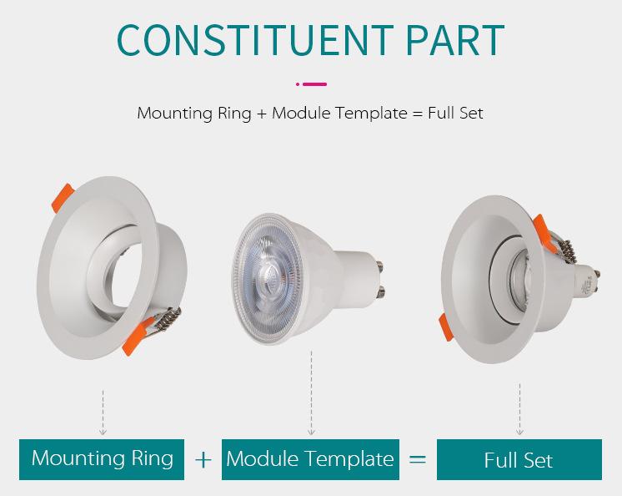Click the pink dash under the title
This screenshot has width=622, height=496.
[x=314, y=84]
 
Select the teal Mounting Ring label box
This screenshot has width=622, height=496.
[x=103, y=458]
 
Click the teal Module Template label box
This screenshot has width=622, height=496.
[x=309, y=458]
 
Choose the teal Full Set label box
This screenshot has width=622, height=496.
[x=519, y=459]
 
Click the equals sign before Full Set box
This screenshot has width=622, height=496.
[x=418, y=459]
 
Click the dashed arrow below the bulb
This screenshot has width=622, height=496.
[x=311, y=392]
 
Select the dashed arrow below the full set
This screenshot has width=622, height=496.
[x=519, y=409]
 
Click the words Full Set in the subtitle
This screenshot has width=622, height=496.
[x=454, y=113]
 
